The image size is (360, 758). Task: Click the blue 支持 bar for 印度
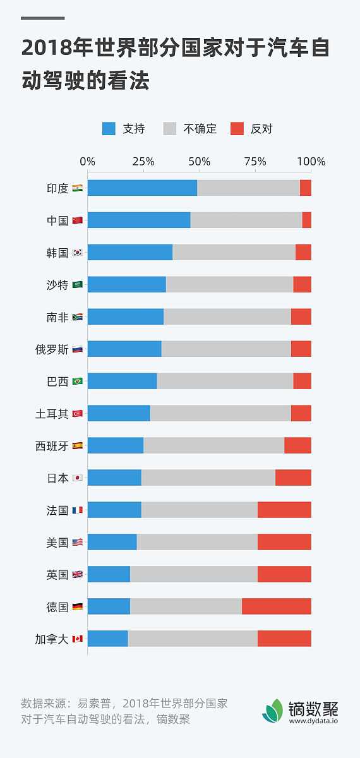pos(142,188)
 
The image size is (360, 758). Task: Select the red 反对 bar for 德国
pos(276,606)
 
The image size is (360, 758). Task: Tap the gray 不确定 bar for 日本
pos(208,478)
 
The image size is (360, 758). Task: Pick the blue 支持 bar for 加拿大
pos(107,639)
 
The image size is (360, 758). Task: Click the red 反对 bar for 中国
pos(306,220)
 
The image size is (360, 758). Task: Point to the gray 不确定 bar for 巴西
pos(225,381)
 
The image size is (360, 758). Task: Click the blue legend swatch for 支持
pos(109,129)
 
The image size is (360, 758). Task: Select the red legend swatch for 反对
pos(237,129)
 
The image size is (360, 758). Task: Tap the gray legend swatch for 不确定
pos(170,129)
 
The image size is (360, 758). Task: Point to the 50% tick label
pos(200,162)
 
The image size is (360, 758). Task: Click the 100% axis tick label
pos(311,162)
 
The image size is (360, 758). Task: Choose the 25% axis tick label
pos(143,162)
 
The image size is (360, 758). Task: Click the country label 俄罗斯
pos(52,349)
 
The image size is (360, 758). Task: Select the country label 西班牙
pos(52,446)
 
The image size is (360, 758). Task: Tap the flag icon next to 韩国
pos(77,253)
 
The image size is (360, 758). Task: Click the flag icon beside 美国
pos(77,543)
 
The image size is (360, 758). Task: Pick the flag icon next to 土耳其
pos(77,414)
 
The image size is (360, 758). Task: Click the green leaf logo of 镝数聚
pos(273,711)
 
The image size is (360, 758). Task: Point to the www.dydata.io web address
pos(313,720)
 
